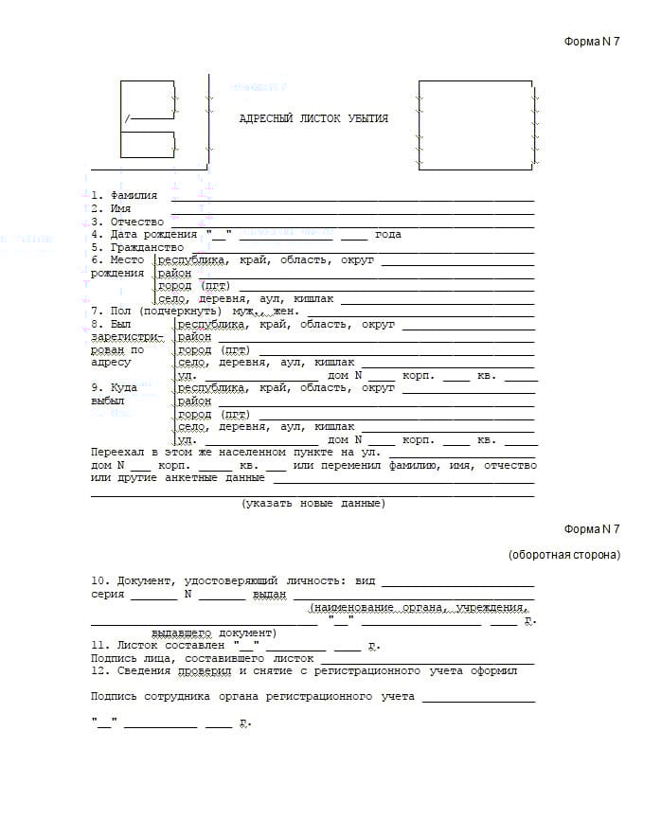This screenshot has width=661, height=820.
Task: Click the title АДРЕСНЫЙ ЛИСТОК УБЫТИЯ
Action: pos(313,119)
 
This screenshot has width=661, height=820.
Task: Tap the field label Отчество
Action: pos(137,222)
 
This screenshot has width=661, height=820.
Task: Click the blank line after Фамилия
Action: pos(352,198)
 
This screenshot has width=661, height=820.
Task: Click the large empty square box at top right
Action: pos(474,125)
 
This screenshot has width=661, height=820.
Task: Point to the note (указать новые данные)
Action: pos(313,503)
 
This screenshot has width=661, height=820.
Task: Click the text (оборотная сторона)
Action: pos(563,555)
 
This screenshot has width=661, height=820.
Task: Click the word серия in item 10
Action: pos(108,595)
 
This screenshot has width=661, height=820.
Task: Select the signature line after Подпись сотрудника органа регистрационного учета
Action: pos(478,699)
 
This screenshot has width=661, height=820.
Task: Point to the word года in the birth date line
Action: pos(388,234)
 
